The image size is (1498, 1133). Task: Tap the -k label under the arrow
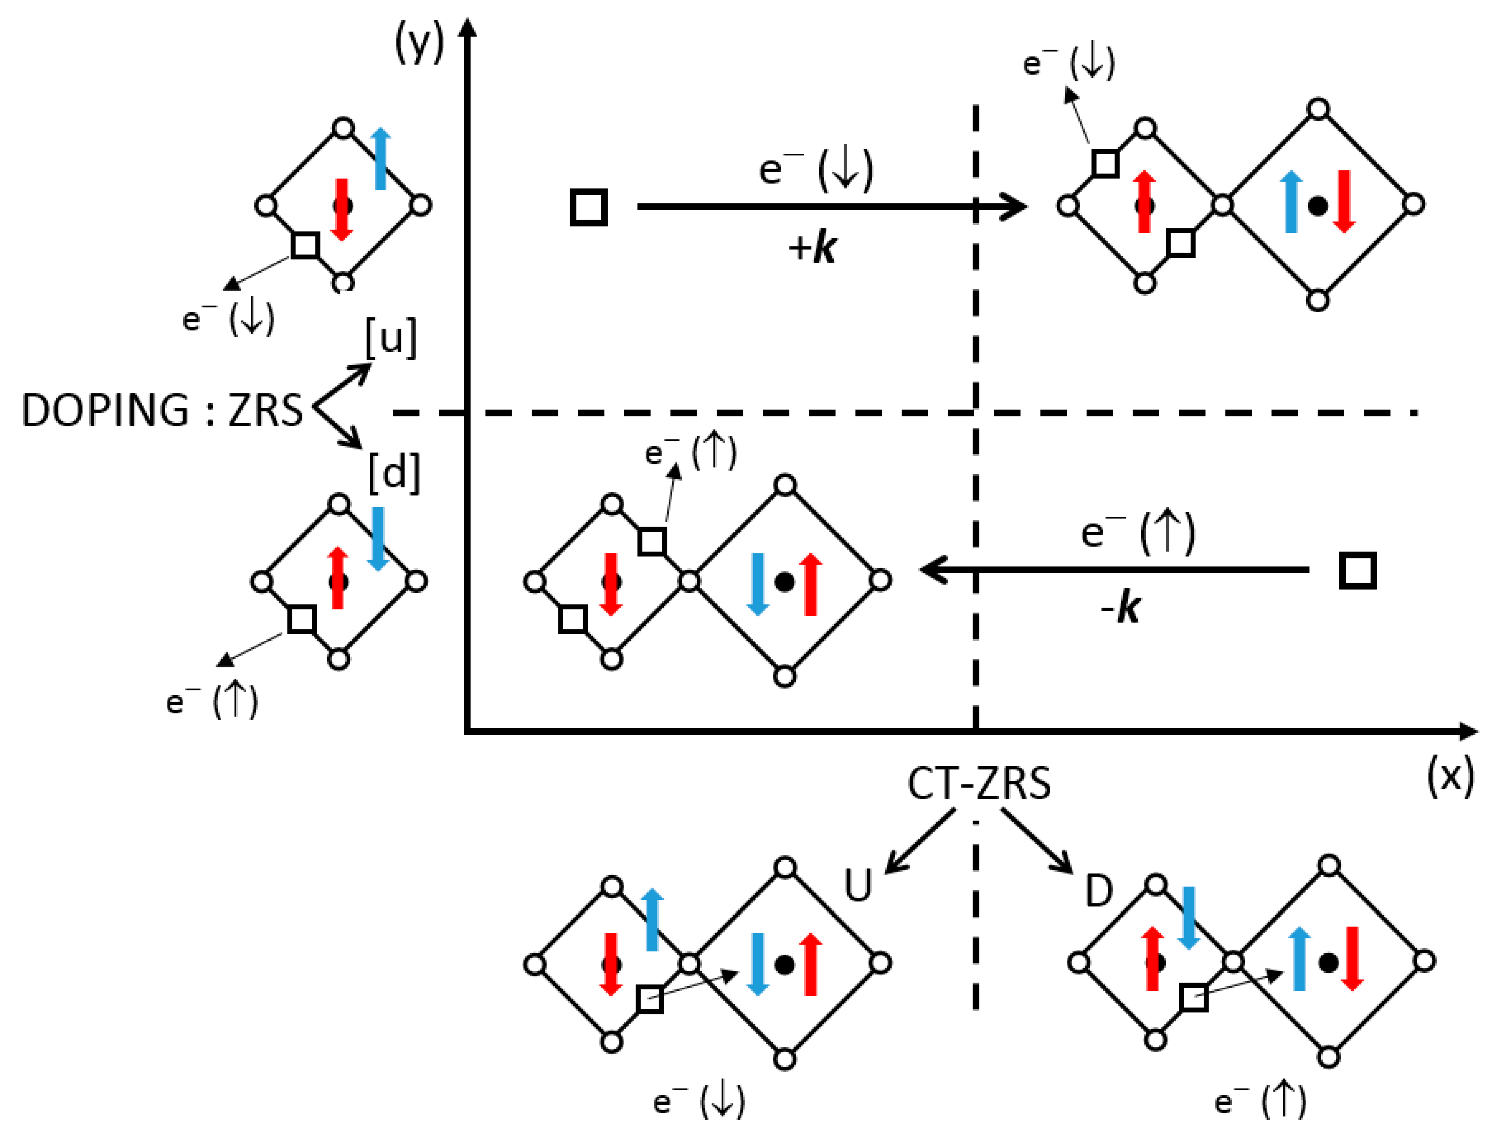pos(1121,608)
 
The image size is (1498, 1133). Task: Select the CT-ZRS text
pos(979,784)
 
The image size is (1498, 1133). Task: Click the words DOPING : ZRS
pos(163,410)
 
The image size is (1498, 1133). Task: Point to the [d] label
pos(394,472)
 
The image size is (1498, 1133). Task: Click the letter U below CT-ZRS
pos(858,885)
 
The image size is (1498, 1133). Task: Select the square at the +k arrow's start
pos(589,207)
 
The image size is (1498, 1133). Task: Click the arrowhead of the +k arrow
pos(1016,207)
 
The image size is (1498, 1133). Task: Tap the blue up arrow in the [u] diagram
pos(381,159)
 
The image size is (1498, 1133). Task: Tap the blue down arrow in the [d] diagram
pos(377,539)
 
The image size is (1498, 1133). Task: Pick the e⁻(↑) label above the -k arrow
pos(1138,533)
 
